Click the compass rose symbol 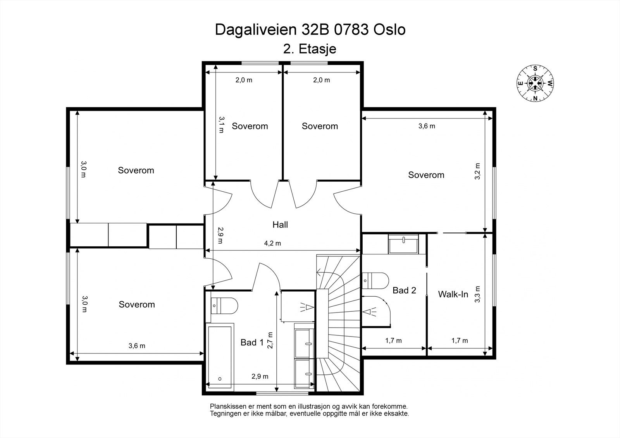[x=535, y=83]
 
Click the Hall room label [x=280, y=225]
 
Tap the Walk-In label [x=453, y=294]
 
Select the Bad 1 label [x=252, y=342]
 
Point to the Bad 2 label [x=404, y=290]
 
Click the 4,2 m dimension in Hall [x=272, y=243]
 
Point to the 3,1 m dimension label [x=221, y=125]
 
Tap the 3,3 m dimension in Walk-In [x=477, y=294]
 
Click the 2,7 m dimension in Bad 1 [x=270, y=341]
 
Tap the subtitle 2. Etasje [x=310, y=49]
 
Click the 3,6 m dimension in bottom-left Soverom [x=137, y=346]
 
